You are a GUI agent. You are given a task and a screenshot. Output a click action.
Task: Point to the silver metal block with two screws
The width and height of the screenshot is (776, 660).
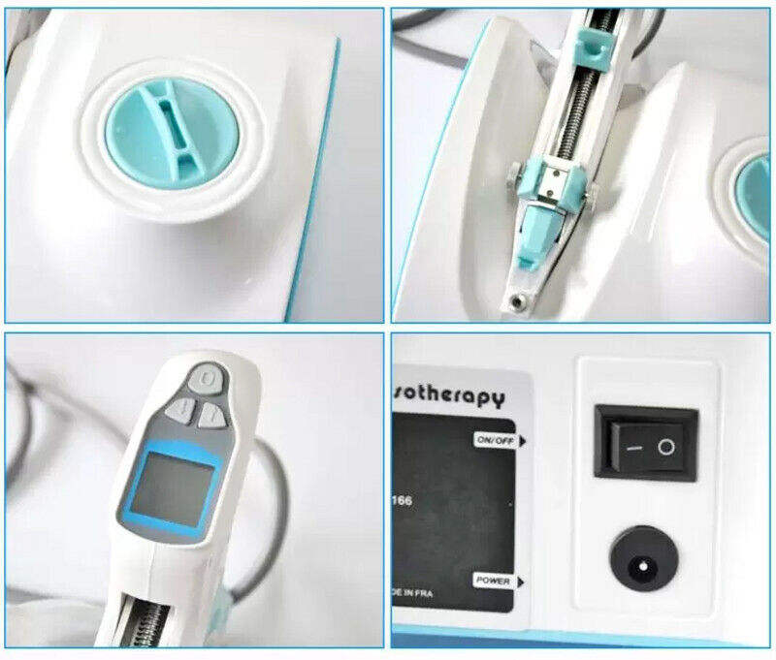point(553,180)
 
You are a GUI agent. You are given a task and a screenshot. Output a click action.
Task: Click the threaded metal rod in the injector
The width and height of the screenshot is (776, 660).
point(579,107)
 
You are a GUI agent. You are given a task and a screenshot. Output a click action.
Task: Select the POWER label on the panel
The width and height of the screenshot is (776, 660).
point(492,580)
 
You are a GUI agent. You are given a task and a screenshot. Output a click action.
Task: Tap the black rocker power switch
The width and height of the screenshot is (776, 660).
point(645,442)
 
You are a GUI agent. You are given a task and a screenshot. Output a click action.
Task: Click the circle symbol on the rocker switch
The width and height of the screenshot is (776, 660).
point(665,447)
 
